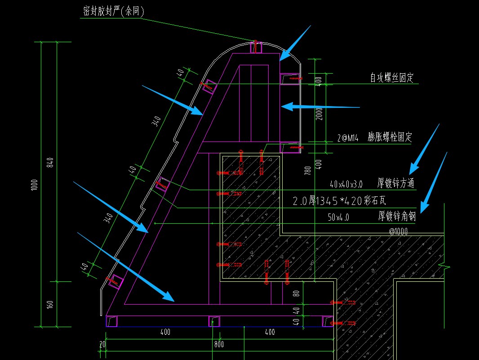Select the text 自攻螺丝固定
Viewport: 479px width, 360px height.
click(391, 78)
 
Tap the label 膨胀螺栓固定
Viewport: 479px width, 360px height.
click(390, 137)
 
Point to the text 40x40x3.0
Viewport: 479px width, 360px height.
click(346, 184)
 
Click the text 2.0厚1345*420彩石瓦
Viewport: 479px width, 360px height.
click(339, 200)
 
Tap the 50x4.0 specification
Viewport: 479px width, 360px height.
click(338, 218)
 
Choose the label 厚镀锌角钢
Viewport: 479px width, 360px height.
click(397, 217)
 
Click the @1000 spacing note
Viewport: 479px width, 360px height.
click(398, 231)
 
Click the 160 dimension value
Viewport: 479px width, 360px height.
click(50, 304)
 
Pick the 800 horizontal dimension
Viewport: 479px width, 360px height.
click(219, 345)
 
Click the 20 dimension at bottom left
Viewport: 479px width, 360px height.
click(102, 344)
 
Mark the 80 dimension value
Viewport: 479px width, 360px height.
click(296, 293)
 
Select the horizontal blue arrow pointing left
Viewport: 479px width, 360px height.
click(320, 107)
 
